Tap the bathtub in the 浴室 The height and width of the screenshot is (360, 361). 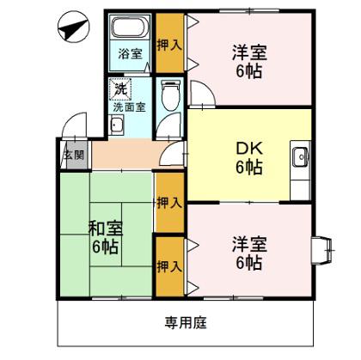coord(131,27)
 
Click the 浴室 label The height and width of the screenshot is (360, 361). coord(131,53)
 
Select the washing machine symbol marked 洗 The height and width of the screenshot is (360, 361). coord(120,89)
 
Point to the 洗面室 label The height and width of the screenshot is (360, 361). coord(130,107)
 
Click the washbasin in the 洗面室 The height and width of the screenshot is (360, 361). coord(117,125)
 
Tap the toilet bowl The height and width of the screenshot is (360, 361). coord(170,95)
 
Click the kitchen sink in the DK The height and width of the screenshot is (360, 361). coord(300,157)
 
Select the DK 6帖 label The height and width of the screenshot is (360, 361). coord(249,158)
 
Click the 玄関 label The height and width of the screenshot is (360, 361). coord(75,155)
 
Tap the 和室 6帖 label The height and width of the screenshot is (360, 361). coord(106,237)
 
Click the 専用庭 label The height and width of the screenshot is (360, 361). coord(186,323)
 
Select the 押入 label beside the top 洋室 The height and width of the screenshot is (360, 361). coord(169,46)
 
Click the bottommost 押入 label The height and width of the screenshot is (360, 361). coord(169,266)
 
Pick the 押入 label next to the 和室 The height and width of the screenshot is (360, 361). coord(169,203)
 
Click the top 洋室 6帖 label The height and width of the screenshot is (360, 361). coord(249,62)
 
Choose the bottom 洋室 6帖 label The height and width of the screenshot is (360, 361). coord(249,253)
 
